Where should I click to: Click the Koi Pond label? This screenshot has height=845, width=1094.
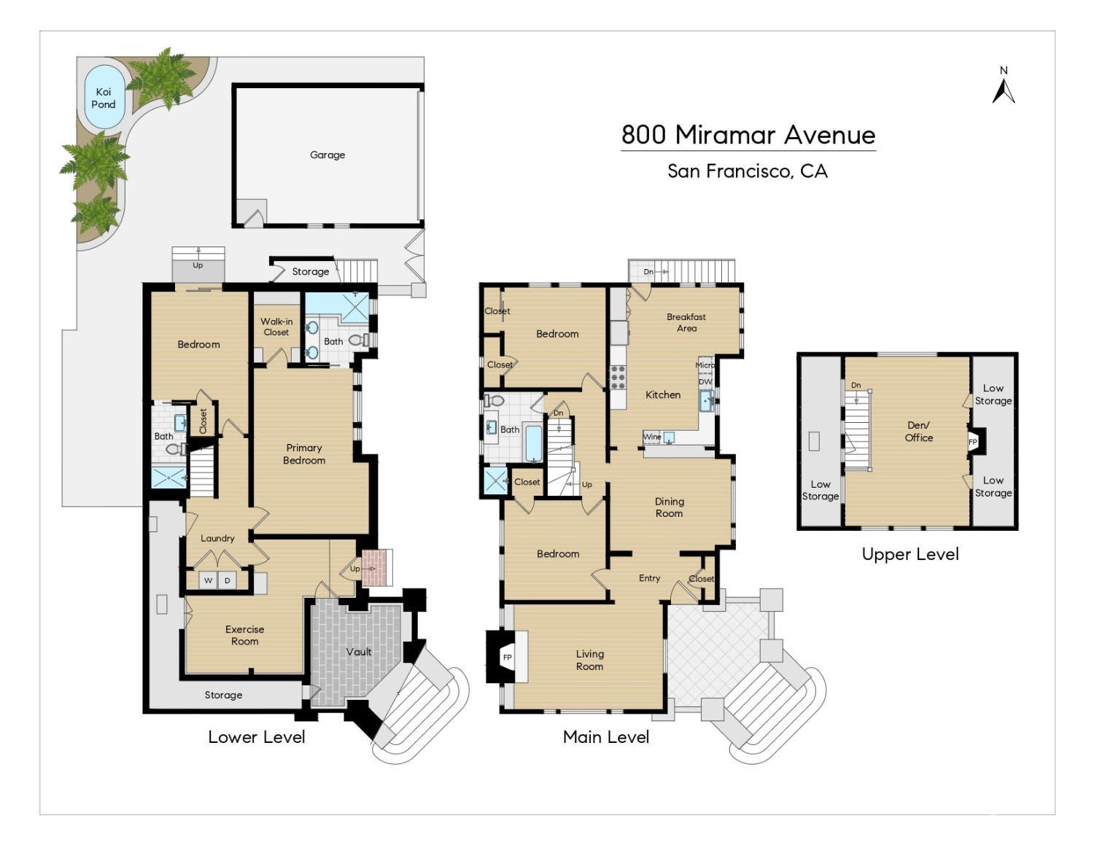point(104,98)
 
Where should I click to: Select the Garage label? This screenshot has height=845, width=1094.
point(327,155)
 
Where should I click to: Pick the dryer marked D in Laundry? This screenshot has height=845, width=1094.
point(228,580)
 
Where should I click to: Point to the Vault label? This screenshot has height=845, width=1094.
point(358,652)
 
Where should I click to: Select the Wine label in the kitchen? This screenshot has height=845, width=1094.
point(652,436)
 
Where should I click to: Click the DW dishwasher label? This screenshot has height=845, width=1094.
point(705,381)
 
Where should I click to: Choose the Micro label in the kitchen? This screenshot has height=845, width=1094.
point(705,365)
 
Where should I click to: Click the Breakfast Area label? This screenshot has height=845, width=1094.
point(686,322)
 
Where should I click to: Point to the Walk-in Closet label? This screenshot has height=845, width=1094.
point(276,327)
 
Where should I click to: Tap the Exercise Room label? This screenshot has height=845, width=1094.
point(244,635)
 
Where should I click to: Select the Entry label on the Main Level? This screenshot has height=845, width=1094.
point(649,578)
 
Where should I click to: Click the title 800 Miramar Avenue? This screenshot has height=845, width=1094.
point(748,135)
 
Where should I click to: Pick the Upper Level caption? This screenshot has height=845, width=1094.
point(910,554)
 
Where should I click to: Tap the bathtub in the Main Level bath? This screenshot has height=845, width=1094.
point(534,443)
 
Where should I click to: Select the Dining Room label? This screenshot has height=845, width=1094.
point(669,507)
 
